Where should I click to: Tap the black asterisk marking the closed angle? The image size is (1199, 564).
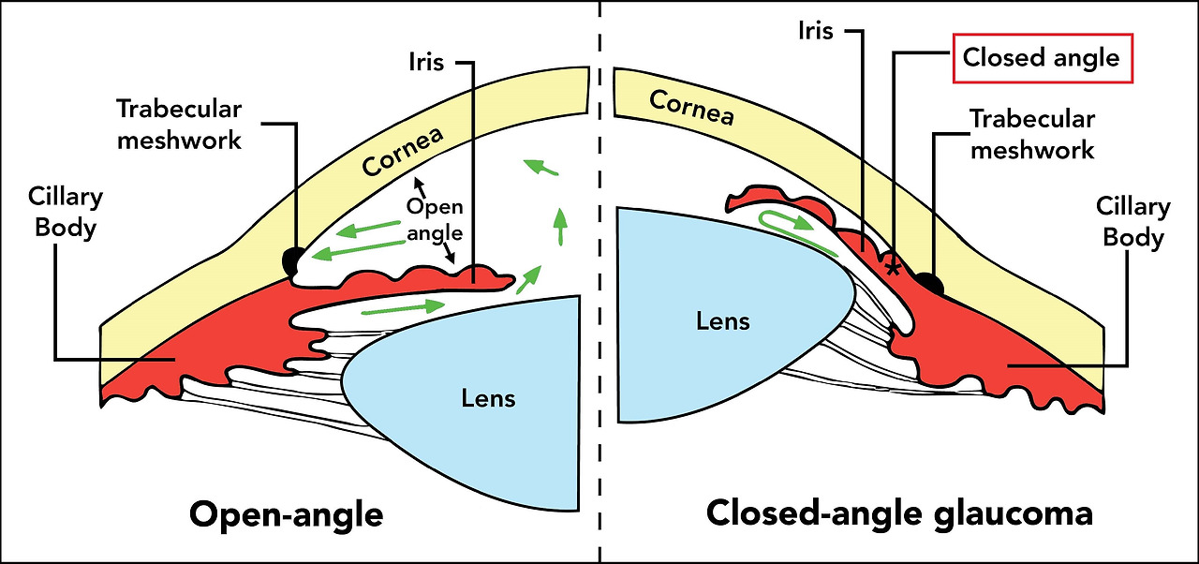893,267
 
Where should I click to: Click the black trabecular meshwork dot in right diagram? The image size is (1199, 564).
929,281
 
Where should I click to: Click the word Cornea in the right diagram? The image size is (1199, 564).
692,107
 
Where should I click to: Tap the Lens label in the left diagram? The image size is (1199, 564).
488,398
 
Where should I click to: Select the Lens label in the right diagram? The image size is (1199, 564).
722,321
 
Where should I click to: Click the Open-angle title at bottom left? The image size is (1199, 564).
286,514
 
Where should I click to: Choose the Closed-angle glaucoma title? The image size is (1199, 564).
899,513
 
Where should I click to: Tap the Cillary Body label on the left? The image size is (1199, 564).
66,213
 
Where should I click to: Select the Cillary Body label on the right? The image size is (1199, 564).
1133,221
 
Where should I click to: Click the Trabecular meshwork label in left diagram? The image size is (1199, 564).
179,124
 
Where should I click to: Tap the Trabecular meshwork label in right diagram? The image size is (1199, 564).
1032,134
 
